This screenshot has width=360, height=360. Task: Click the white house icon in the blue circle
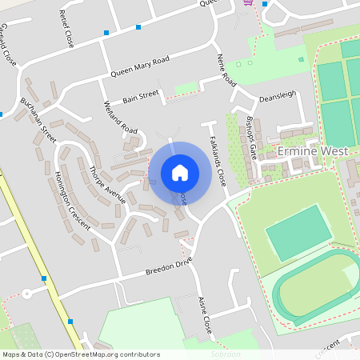click(x=180, y=172)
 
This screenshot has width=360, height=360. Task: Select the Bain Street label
click(x=141, y=98)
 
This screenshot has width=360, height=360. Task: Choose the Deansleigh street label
click(x=278, y=96)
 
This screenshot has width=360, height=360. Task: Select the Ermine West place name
click(x=301, y=150)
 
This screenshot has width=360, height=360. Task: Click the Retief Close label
click(x=66, y=30)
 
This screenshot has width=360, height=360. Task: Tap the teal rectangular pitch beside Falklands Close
click(x=298, y=233)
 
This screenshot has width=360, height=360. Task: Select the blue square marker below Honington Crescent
click(x=70, y=322)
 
